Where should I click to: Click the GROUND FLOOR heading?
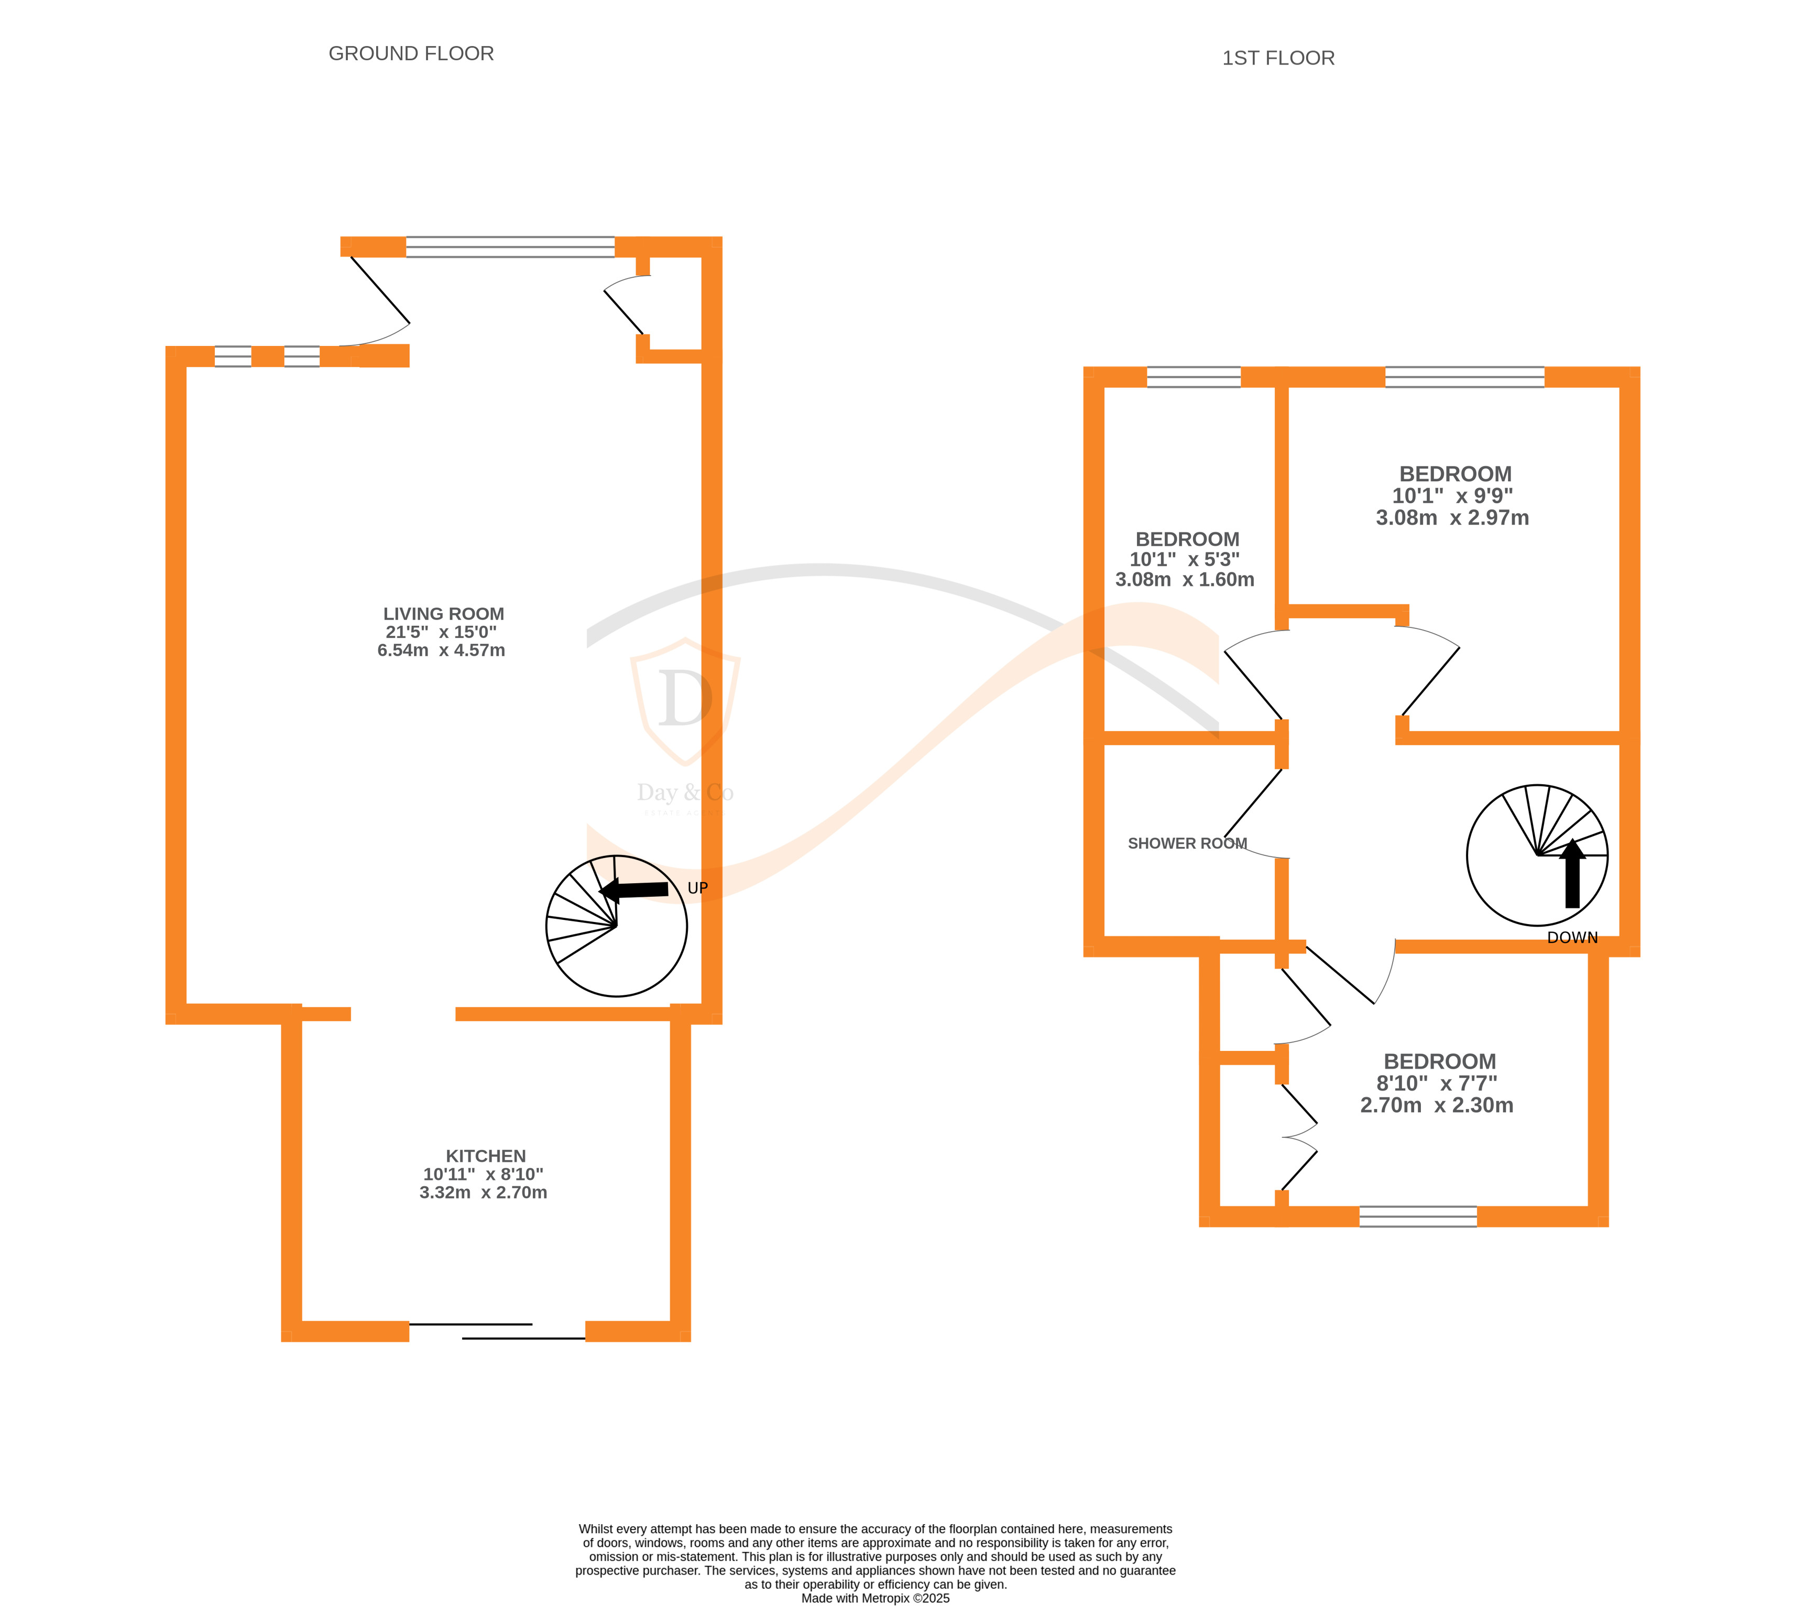411,54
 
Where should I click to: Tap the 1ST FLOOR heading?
1278,58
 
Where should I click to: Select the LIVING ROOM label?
444,613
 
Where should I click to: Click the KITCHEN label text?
485,1156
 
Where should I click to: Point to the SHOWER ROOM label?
1187,843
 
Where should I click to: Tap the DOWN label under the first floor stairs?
1572,938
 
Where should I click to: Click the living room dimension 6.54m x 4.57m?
441,650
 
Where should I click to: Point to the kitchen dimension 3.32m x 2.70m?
483,1192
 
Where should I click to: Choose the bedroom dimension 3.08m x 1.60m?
1184,580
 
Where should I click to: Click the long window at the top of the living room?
510,246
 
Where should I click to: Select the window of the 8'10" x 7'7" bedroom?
1417,1216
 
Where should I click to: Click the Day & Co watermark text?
685,793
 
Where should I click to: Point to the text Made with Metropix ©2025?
875,1598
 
